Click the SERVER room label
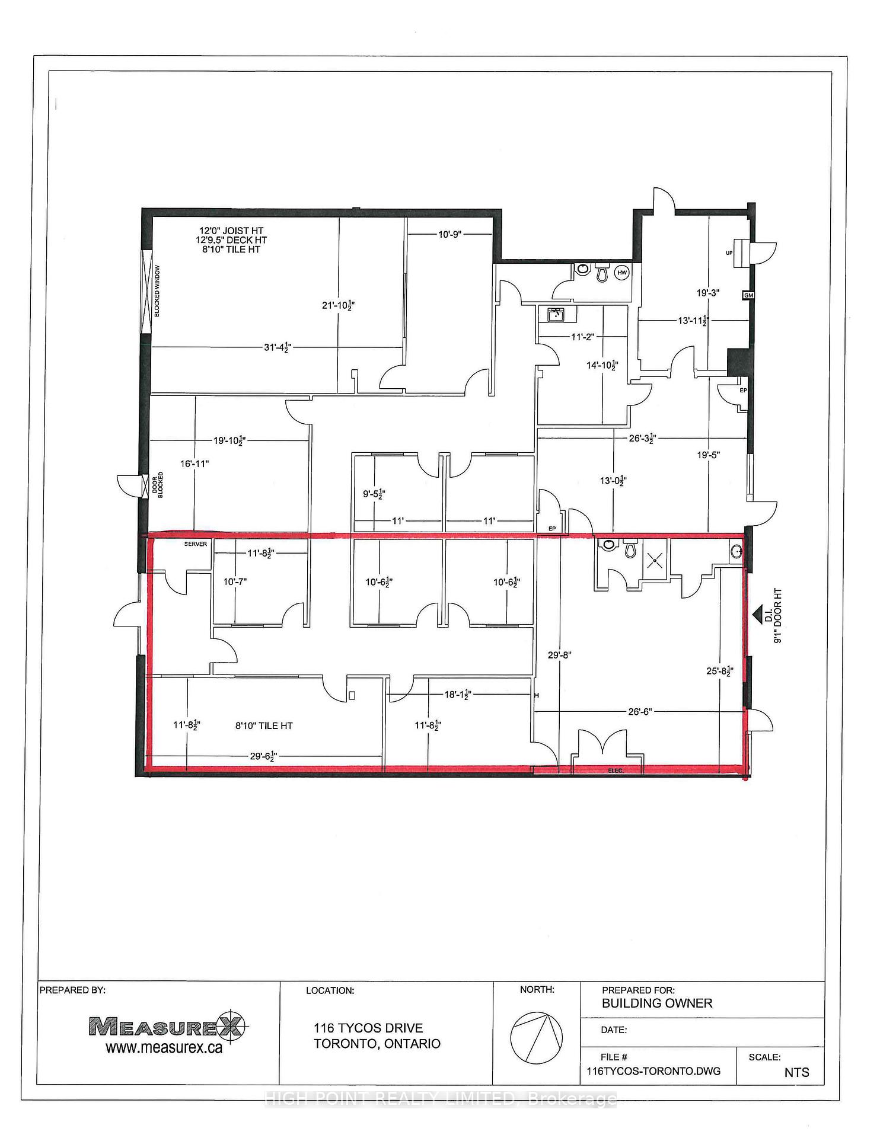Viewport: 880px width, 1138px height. (x=196, y=544)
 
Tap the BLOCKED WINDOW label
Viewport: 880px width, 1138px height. (x=157, y=290)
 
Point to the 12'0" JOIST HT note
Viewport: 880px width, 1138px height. (x=231, y=231)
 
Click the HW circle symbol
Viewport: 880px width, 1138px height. (x=622, y=273)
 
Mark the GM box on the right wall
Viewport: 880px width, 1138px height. (x=748, y=295)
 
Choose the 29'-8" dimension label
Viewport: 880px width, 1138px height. (x=560, y=655)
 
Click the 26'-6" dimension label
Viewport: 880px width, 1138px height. (x=640, y=711)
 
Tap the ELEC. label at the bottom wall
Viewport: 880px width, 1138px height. (x=616, y=771)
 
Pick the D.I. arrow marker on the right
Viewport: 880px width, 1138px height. (x=757, y=615)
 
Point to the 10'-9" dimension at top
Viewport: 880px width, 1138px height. (x=449, y=234)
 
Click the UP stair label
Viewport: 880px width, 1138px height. (x=729, y=253)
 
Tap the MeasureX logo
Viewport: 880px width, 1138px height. (x=168, y=1025)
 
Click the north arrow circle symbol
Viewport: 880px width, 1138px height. (x=536, y=1038)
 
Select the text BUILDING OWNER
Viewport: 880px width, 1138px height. (x=657, y=1003)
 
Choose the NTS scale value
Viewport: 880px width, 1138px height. (x=796, y=1072)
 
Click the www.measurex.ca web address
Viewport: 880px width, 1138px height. (x=164, y=1048)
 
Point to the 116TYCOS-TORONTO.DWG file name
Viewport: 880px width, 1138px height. (x=653, y=1071)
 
